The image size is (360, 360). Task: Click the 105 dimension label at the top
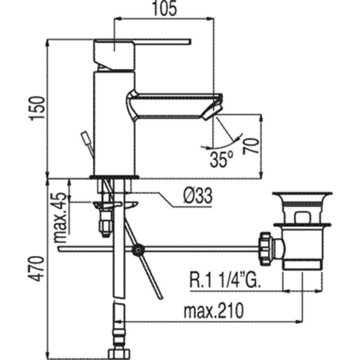pyautogui.click(x=165, y=9)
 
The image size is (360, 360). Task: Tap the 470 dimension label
pyautogui.click(x=36, y=269)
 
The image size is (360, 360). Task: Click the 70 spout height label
pyautogui.click(x=251, y=146)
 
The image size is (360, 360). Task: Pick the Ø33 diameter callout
pyautogui.click(x=198, y=196)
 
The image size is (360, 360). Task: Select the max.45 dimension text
pyautogui.click(x=60, y=218)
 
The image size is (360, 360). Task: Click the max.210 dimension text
pyautogui.click(x=213, y=311)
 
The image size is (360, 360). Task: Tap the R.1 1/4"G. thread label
pyautogui.click(x=225, y=279)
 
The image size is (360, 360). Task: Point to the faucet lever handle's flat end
pyautogui.click(x=189, y=41)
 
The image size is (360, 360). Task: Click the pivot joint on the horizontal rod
pyautogui.click(x=138, y=249)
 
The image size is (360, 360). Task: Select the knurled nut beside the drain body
pyautogui.click(x=265, y=249)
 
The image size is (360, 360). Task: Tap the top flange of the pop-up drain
pyautogui.click(x=302, y=194)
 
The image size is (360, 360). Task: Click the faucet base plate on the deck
pyautogui.click(x=114, y=177)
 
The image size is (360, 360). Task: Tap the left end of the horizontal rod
pyautogui.click(x=59, y=249)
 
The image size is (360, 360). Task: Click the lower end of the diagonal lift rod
pyautogui.click(x=160, y=297)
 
